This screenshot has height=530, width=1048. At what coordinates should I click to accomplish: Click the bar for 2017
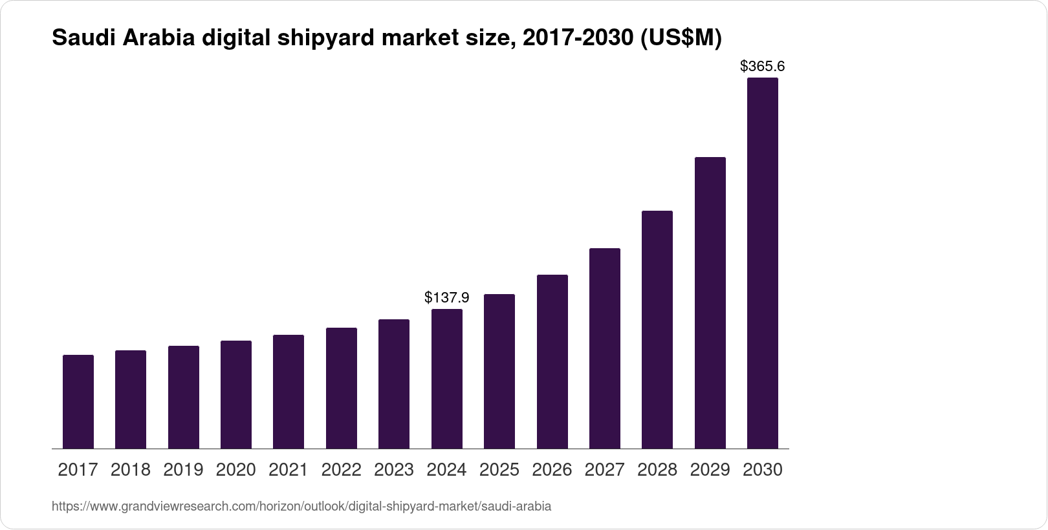tap(78, 401)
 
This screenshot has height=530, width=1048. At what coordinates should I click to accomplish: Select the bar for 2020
tap(236, 394)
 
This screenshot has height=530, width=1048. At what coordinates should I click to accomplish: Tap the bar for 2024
tap(447, 379)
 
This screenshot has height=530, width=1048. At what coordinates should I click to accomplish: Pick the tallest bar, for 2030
tap(763, 263)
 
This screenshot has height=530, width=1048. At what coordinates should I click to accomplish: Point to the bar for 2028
tap(657, 330)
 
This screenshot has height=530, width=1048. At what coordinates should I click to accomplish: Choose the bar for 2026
tap(552, 361)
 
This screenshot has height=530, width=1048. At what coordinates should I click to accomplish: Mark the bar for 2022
tap(342, 388)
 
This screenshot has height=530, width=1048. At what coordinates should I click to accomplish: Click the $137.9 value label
tap(447, 297)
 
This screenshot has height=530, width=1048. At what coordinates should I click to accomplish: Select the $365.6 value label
tap(763, 66)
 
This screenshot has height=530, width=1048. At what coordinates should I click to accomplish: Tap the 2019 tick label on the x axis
tap(183, 470)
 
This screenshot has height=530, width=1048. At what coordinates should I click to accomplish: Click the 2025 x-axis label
tap(499, 470)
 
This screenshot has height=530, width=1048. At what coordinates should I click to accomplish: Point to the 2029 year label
tap(710, 470)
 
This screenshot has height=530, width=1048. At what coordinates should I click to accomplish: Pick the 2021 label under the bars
tap(289, 470)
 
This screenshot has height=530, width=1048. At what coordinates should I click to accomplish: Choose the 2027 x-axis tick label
tap(605, 470)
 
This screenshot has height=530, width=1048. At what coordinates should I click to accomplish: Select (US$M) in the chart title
tap(680, 39)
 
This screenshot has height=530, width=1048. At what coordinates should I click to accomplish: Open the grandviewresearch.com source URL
tap(301, 506)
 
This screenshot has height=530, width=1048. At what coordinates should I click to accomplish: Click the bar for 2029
tap(710, 302)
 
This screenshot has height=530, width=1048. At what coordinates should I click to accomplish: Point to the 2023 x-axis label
tap(394, 470)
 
